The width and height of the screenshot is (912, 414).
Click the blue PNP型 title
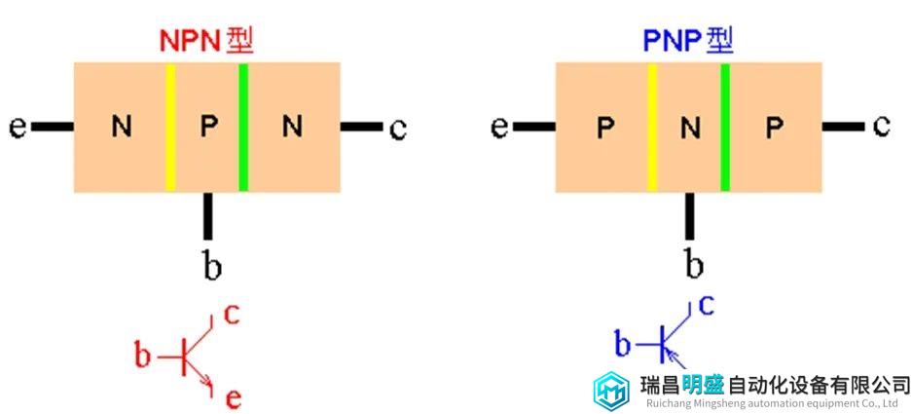(x=687, y=40)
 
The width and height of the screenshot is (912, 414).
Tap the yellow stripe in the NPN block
(x=170, y=127)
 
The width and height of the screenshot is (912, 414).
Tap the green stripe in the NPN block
(x=242, y=127)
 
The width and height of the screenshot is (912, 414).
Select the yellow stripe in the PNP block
(x=652, y=127)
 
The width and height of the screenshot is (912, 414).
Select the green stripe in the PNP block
(x=725, y=127)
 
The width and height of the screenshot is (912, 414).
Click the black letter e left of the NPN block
(x=18, y=128)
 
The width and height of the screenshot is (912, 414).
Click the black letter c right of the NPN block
(x=397, y=129)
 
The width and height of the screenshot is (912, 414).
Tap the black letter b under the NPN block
(x=211, y=265)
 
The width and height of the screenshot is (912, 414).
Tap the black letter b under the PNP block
(x=693, y=263)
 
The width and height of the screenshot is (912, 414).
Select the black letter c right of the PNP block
(x=881, y=127)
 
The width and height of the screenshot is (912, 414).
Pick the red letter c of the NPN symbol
(x=232, y=314)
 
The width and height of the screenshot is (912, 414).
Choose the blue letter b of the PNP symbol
(x=623, y=343)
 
